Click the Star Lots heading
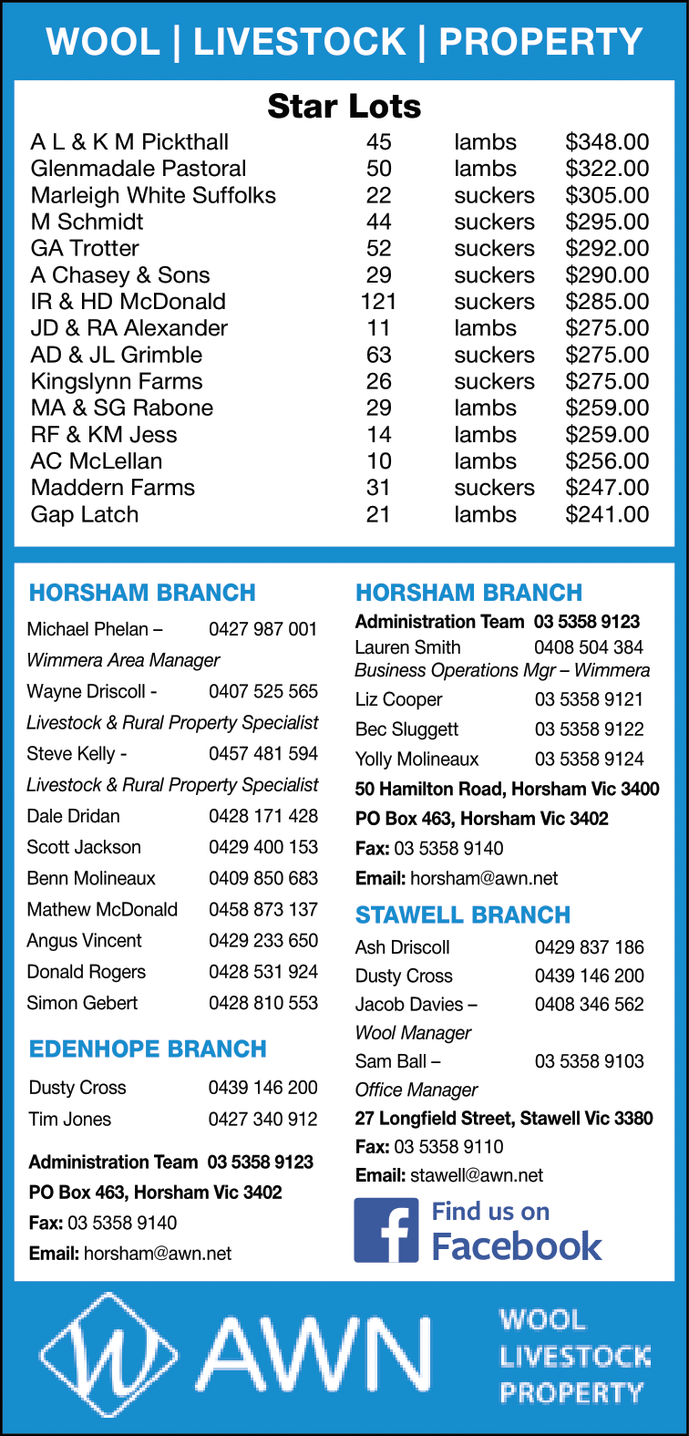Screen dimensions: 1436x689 click(x=344, y=107)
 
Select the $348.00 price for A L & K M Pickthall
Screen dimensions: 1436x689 click(x=607, y=142)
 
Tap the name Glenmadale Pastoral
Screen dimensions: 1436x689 click(x=139, y=169)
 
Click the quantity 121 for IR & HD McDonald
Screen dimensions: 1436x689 click(x=378, y=302)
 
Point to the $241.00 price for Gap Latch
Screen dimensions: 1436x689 click(x=607, y=514)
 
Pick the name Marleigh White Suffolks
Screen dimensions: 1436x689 click(x=153, y=195)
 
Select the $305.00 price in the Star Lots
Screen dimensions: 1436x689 click(x=607, y=195)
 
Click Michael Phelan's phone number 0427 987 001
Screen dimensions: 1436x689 click(x=263, y=629)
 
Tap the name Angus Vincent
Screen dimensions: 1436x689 click(x=84, y=940)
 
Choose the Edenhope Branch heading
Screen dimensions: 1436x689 click(x=148, y=1049)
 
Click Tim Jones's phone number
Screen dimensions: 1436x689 click(x=263, y=1119)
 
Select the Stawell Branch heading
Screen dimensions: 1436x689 click(x=463, y=914)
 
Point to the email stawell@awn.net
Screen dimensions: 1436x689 click(x=477, y=1175)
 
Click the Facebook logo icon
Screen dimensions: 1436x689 click(x=386, y=1230)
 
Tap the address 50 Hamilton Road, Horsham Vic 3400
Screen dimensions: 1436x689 click(x=507, y=789)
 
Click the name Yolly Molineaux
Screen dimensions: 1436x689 click(x=416, y=759)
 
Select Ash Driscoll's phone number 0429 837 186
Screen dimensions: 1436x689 click(x=590, y=946)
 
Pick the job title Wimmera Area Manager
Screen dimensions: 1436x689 click(x=123, y=660)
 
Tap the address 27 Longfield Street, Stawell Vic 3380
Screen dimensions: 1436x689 click(x=504, y=1118)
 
